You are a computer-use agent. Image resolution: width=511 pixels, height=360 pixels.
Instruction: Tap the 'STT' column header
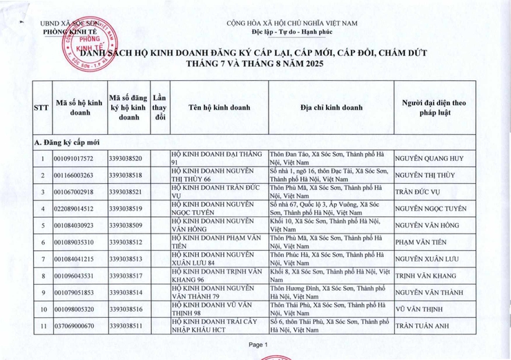click(x=41, y=108)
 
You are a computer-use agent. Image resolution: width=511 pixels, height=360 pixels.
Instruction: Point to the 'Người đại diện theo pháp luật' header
click(x=434, y=108)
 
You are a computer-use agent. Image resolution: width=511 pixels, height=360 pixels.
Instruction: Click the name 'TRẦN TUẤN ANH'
click(x=426, y=325)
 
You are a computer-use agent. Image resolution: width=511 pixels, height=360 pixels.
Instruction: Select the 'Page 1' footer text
click(x=257, y=344)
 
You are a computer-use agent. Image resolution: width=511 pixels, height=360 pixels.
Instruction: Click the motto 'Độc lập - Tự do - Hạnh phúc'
click(x=292, y=32)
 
